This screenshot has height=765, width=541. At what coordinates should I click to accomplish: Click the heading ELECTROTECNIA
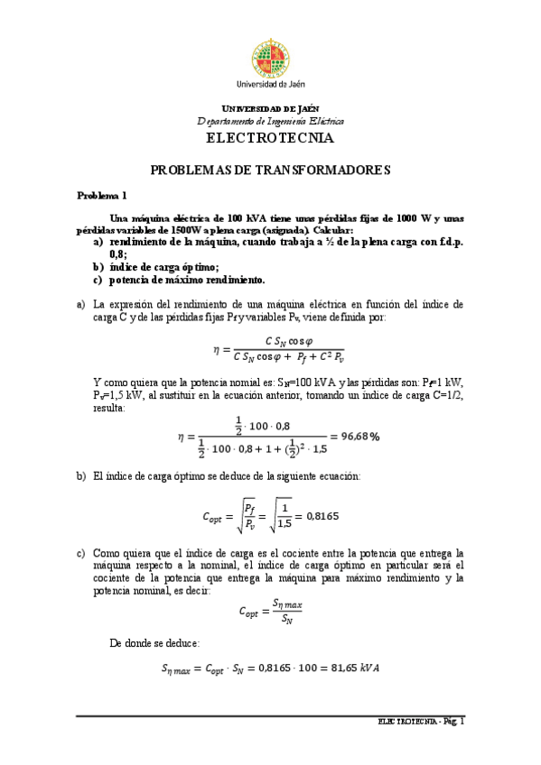pos(270,139)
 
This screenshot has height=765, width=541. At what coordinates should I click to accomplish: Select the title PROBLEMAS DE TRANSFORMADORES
pos(270,170)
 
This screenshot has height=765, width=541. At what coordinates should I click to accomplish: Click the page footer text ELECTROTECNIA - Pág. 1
pos(422,722)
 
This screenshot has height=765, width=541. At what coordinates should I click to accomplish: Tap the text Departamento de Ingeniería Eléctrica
pos(270,121)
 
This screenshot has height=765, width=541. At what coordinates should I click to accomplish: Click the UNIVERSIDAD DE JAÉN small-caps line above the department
pos(270,108)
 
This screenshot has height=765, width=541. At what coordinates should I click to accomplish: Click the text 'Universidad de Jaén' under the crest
pos(270,83)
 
